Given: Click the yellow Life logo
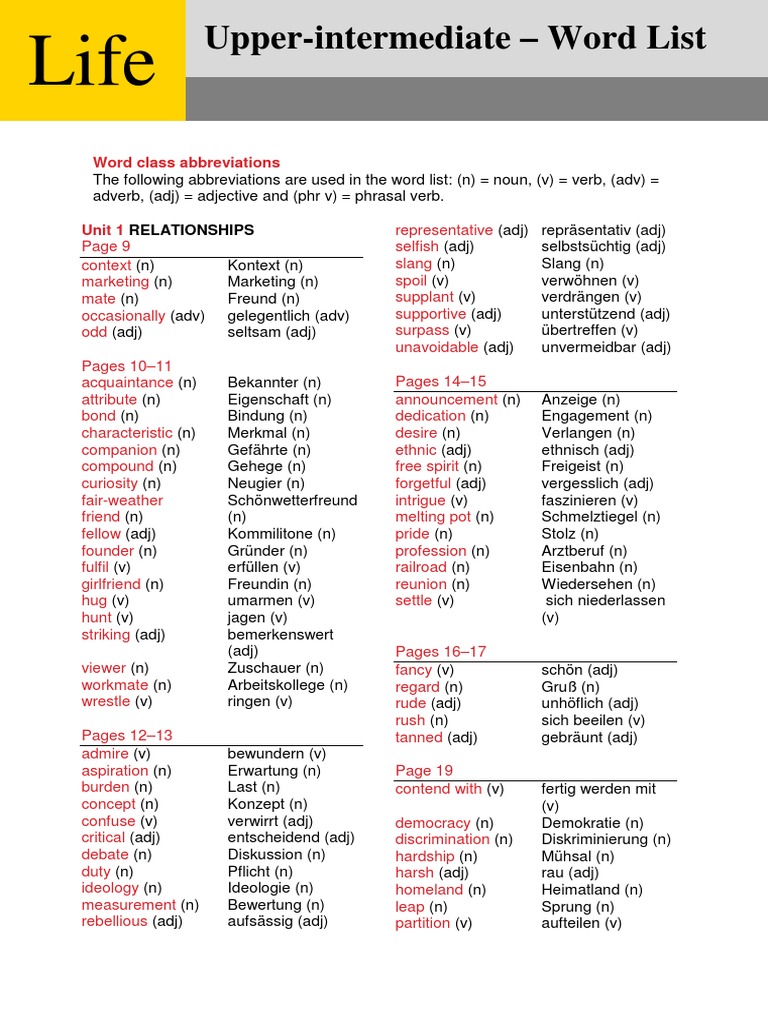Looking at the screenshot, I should (92, 61).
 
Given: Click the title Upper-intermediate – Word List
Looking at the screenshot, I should (455, 39).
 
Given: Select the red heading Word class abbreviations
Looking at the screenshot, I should (186, 162).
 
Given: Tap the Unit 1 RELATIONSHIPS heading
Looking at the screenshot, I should (168, 230).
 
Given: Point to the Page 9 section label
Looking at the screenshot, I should (106, 247).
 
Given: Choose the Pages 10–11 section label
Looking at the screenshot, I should (127, 366).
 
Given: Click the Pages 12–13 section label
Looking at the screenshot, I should (127, 735).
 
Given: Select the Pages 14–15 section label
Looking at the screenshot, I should (441, 381).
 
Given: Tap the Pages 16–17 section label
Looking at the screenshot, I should (441, 651).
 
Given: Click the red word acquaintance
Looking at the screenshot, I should (127, 383).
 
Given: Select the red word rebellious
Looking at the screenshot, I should (114, 922).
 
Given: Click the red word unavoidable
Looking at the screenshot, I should (437, 348).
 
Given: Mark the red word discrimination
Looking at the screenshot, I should (442, 840).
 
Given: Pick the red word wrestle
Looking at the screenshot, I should (106, 702).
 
